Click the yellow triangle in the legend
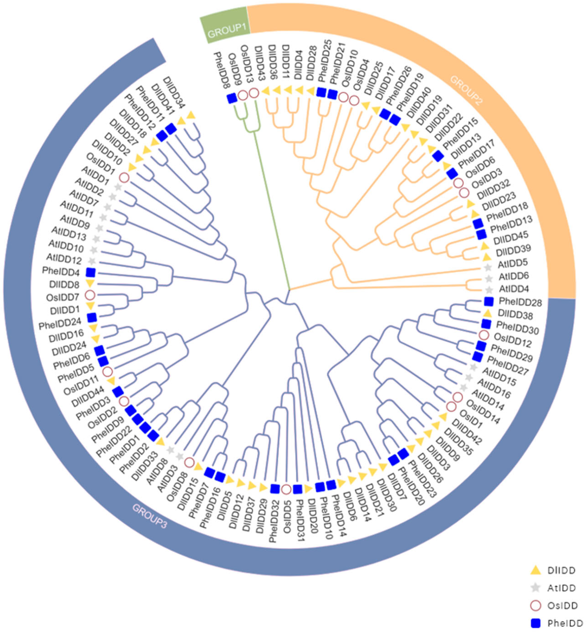tap(536, 570)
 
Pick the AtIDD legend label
tap(561, 588)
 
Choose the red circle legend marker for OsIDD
tap(536, 606)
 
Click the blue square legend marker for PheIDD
tap(536, 623)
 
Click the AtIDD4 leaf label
tap(514, 289)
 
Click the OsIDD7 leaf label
tap(63, 297)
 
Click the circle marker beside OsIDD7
tap(90, 295)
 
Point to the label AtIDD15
tap(499, 376)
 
